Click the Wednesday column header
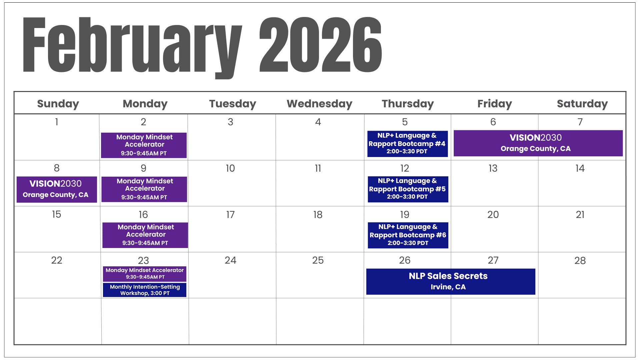tap(319, 104)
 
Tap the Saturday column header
tap(582, 104)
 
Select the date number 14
tap(580, 168)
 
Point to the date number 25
tap(318, 260)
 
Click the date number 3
tap(230, 122)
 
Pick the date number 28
tap(580, 261)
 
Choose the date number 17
tap(230, 215)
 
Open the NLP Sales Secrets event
tap(451, 282)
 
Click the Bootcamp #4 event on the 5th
tap(407, 144)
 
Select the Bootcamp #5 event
tap(408, 189)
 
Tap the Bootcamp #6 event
tap(408, 235)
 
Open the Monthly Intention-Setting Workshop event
tap(145, 290)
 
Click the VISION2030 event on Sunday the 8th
tap(57, 189)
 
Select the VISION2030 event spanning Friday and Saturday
tap(538, 143)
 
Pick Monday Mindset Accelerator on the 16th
tap(145, 235)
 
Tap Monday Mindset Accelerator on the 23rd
tap(145, 274)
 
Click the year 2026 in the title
tap(321, 44)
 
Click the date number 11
tap(318, 168)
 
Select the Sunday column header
tap(58, 104)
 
